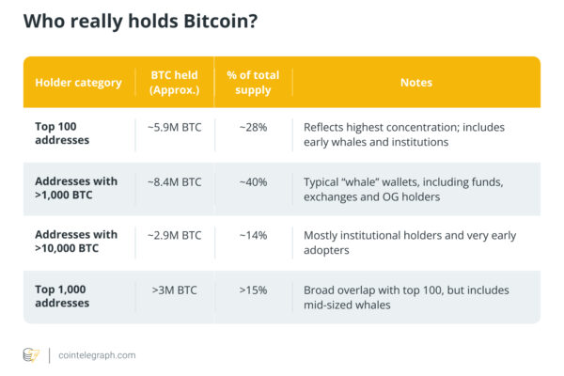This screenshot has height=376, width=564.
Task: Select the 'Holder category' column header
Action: tap(78, 83)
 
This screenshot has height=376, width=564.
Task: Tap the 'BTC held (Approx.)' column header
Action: tap(174, 83)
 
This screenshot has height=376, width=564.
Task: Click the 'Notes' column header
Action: tap(415, 83)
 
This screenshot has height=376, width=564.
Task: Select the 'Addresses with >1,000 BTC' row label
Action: tap(76, 188)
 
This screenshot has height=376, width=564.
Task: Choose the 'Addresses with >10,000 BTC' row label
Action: tap(76, 242)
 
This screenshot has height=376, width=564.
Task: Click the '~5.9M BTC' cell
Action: tap(174, 126)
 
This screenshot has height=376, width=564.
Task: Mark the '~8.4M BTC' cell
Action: tap(174, 180)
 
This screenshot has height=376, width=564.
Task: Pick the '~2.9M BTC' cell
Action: tap(174, 235)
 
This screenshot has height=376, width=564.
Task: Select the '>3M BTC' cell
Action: tap(174, 290)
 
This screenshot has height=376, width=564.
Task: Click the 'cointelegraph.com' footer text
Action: tap(97, 355)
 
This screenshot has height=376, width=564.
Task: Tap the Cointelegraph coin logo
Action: tap(32, 355)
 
